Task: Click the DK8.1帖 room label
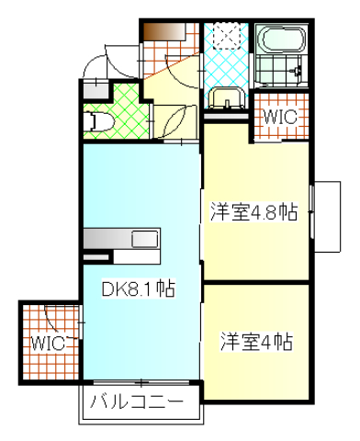pyautogui.click(x=138, y=288)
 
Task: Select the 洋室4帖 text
pyautogui.click(x=256, y=343)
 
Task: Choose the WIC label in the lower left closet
pyautogui.click(x=45, y=344)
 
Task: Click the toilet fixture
pyautogui.click(x=99, y=120)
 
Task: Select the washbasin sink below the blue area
pyautogui.click(x=225, y=98)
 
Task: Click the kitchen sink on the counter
pyautogui.click(x=145, y=241)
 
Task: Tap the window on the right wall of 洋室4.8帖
pyautogui.click(x=315, y=210)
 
